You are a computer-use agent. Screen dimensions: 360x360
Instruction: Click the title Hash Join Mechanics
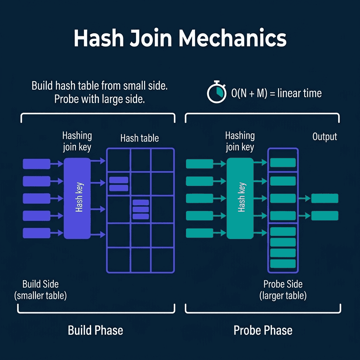(180, 39)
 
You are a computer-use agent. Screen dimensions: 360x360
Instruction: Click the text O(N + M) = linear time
(276, 93)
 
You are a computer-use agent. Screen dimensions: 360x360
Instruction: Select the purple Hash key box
(77, 198)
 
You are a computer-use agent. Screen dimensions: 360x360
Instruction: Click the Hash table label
(140, 138)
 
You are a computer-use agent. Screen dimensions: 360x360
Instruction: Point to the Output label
(324, 137)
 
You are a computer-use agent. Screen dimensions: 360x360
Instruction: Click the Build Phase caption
(96, 330)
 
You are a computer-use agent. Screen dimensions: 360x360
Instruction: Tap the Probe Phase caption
(263, 330)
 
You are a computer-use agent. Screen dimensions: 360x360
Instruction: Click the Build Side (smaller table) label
(40, 290)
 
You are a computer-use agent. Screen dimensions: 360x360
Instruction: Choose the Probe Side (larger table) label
(283, 290)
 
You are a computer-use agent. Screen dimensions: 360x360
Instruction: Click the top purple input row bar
(37, 163)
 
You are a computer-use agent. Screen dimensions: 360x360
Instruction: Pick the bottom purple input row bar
(37, 233)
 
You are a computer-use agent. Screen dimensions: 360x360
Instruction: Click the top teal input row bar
(199, 163)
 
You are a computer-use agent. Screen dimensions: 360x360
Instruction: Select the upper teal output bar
(324, 198)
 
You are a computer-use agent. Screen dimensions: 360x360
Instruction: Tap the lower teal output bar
(324, 216)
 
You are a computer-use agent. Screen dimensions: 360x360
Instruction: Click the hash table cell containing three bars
(141, 209)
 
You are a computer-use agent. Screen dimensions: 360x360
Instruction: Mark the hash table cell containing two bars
(119, 184)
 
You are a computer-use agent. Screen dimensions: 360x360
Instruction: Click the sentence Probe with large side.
(99, 99)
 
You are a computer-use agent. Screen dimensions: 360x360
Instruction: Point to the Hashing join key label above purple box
(77, 141)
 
